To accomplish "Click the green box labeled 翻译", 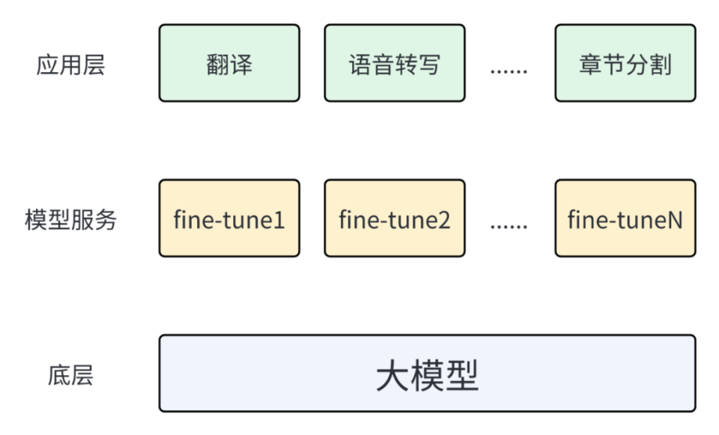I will [229, 63].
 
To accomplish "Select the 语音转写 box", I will [394, 63].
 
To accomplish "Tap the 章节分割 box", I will [625, 63].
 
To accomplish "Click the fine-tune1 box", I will [229, 218].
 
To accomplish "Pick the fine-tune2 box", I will [394, 218].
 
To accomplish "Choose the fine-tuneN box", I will [625, 218].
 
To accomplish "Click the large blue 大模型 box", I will [427, 373].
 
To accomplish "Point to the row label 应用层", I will [70, 64].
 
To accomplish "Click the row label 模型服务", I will [70, 220].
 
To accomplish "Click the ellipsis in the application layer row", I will [509, 71].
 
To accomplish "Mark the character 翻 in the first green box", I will [217, 64].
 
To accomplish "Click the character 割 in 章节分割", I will [660, 64].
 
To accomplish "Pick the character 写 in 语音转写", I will [428, 64].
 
